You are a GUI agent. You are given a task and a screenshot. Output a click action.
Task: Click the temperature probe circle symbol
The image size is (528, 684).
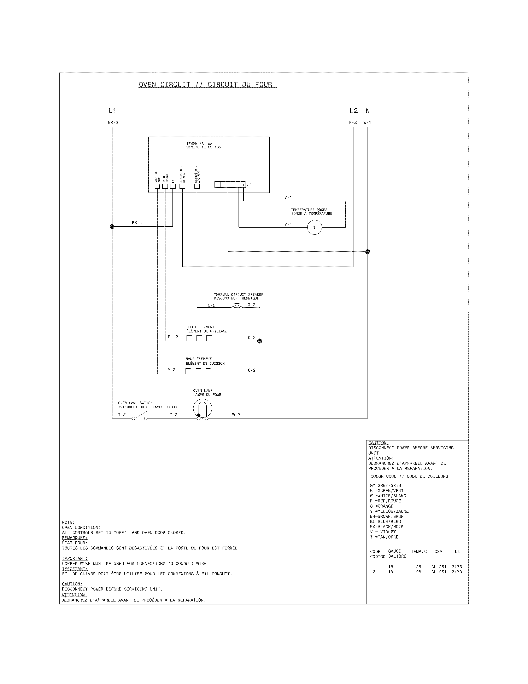[315, 228]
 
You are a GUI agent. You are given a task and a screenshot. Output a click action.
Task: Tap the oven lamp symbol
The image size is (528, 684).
[202, 409]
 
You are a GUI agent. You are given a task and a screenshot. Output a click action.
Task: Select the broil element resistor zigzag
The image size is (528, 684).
[199, 338]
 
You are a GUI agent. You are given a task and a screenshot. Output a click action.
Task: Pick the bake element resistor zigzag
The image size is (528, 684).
[198, 371]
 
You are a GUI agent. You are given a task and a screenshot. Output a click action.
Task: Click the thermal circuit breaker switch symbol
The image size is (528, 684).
[237, 307]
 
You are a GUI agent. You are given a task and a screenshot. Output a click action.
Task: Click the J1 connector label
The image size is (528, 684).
[250, 185]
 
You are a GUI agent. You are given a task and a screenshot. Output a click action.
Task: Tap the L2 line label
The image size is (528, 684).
[353, 110]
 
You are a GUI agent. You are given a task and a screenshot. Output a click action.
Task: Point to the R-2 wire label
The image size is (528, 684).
[353, 123]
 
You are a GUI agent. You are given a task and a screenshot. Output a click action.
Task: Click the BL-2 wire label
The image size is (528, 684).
[173, 337]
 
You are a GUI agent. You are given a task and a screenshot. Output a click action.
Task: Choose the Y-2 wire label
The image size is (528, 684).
[172, 370]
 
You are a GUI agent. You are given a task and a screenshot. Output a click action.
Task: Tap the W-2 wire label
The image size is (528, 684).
[236, 415]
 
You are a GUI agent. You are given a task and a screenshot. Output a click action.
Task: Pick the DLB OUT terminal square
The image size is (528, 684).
[197, 186]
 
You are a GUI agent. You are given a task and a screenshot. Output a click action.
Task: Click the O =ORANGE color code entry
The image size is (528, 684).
[381, 506]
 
